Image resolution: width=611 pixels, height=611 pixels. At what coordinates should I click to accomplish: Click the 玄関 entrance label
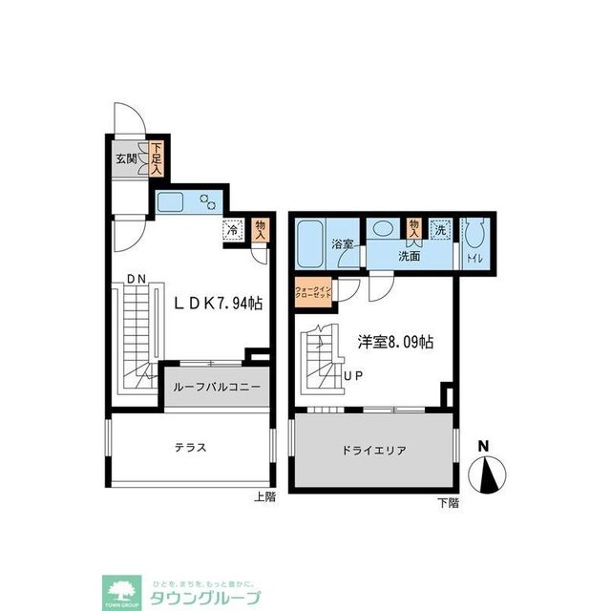pos(125,159)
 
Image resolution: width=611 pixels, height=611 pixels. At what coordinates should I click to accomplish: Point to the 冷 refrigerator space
pos(232,230)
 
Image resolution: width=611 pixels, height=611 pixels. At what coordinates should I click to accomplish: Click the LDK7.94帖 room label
pos(217,303)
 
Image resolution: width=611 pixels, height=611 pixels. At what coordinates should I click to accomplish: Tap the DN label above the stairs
pos(136,279)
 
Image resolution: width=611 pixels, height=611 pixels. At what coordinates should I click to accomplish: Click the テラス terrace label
pos(190,447)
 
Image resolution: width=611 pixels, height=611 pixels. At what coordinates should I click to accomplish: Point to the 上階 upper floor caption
pos(264,495)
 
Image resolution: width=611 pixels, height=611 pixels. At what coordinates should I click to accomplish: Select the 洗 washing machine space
pos(440,229)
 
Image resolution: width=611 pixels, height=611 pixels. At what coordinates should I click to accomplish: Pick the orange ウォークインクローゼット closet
pos(313,292)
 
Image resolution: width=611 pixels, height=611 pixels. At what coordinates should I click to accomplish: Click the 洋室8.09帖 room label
pos(396,341)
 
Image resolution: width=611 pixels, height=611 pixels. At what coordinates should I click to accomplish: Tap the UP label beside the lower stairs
pos(352,375)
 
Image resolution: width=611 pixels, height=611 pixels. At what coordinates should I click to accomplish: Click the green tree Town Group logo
pos(120,590)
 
